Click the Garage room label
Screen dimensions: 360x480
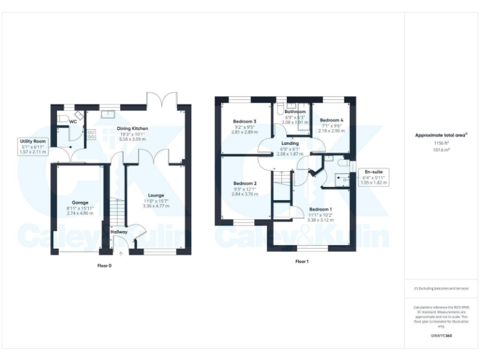click(x=79, y=202)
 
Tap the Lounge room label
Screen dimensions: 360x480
click(x=156, y=195)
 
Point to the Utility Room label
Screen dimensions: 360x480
click(x=32, y=142)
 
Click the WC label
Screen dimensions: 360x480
click(x=73, y=122)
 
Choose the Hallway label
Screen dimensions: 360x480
click(x=119, y=232)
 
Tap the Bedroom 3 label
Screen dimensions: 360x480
click(x=244, y=121)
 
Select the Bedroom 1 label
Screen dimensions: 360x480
click(x=320, y=209)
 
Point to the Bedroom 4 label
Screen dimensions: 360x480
click(x=331, y=120)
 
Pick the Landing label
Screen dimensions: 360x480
click(x=289, y=144)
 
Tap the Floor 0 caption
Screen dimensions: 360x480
click(x=104, y=266)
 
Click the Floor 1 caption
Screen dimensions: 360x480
click(x=302, y=261)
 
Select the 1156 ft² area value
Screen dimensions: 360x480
click(x=441, y=143)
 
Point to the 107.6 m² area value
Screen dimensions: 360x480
click(x=441, y=149)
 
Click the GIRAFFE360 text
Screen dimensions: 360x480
click(x=441, y=336)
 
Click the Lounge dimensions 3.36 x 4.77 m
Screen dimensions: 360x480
click(x=156, y=206)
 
